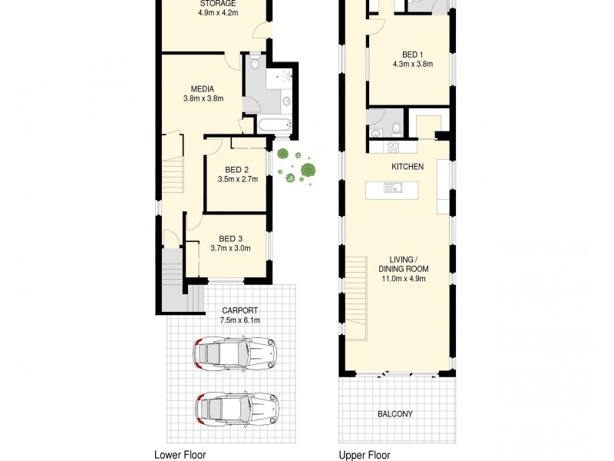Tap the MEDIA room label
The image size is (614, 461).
[203, 88]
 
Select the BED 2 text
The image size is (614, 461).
[236, 170]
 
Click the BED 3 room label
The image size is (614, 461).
[230, 238]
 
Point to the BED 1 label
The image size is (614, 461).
[412, 55]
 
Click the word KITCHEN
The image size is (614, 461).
[408, 167]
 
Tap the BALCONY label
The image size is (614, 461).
[395, 414]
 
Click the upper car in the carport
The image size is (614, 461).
[235, 353]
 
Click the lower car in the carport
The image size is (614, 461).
[236, 408]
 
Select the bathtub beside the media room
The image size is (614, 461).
[274, 127]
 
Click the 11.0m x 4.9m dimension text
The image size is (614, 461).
[403, 279]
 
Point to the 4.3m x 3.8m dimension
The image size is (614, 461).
[412, 65]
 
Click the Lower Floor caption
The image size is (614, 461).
[180, 455]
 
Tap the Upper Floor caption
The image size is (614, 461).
[365, 455]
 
